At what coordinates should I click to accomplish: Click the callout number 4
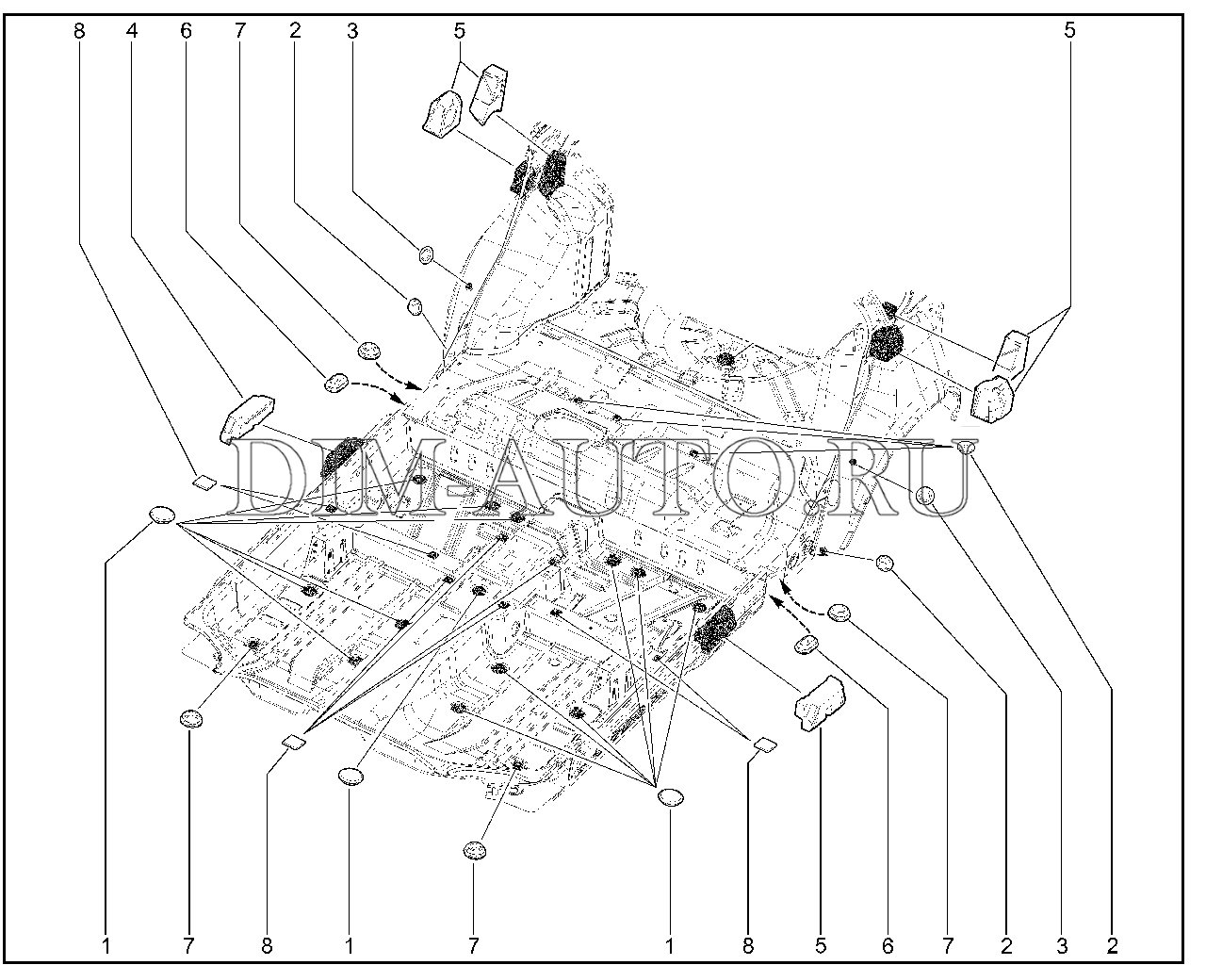[x=132, y=31]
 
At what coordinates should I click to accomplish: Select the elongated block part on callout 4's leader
[x=248, y=417]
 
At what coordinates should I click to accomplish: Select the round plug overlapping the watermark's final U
[x=925, y=496]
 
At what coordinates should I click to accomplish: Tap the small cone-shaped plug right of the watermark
[x=966, y=447]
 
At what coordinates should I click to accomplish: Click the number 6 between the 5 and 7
[x=888, y=946]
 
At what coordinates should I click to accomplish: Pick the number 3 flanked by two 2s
[x=1062, y=946]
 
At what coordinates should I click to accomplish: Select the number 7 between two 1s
[x=474, y=946]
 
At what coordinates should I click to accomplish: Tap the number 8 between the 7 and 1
[x=267, y=946]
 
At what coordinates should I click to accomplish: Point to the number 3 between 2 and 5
[x=352, y=31]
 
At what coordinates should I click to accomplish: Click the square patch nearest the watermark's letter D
[x=204, y=482]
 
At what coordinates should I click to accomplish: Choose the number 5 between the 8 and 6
[x=821, y=946]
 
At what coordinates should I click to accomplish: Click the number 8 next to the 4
[x=79, y=31]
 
